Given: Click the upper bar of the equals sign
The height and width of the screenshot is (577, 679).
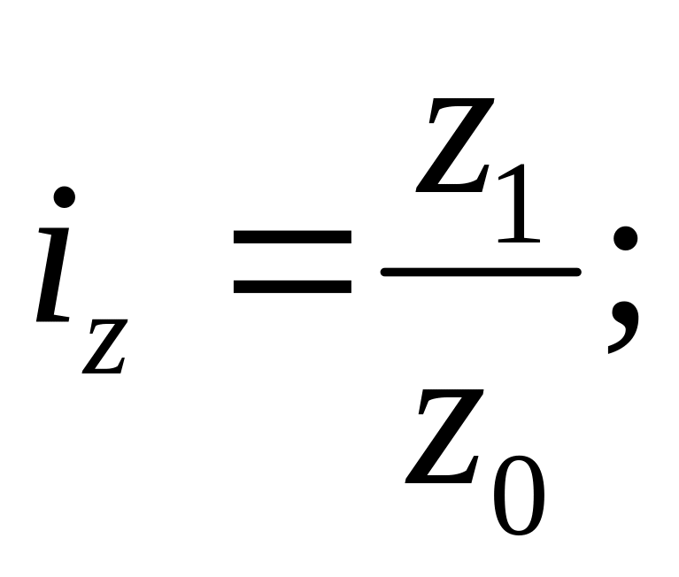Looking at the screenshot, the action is (292, 237).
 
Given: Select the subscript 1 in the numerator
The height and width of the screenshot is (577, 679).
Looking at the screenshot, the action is (517, 204).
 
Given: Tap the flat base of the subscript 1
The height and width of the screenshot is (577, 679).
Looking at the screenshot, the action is (519, 240).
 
